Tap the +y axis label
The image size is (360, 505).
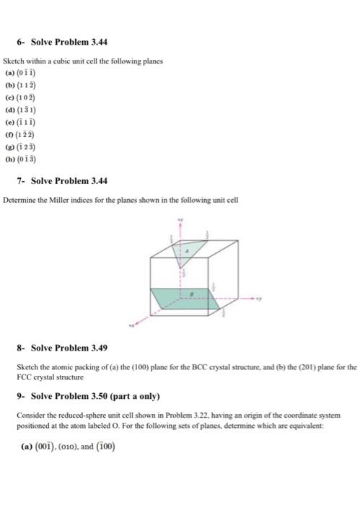coord(265,296)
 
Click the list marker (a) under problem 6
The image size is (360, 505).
coord(9,72)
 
